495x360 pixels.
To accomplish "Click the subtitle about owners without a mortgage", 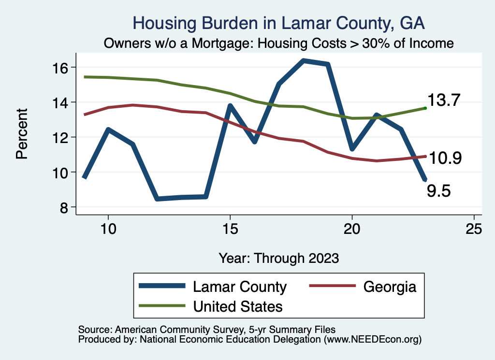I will point(279,43).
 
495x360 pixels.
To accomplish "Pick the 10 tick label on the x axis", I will point(108,229).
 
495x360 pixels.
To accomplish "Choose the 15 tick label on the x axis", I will point(230,229).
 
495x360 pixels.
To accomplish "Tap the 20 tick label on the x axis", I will point(352,229).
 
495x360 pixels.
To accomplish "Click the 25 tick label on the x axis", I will point(474,229).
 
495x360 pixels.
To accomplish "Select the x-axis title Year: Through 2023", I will point(279,258).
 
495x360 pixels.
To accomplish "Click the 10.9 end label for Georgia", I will point(446,158).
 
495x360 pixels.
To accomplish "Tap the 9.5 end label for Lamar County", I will point(438,191).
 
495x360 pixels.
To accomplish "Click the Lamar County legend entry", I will point(240,287).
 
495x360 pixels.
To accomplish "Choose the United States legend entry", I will point(237,306).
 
